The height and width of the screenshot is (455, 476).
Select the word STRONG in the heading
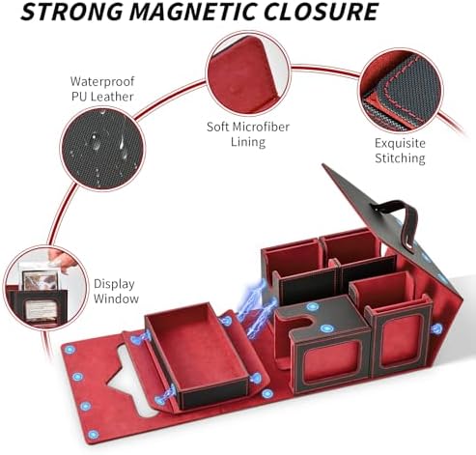[72, 12]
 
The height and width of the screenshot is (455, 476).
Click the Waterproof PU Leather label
[102, 89]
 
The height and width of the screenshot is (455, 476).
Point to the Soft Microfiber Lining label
[248, 134]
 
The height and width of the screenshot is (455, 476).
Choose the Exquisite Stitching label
[400, 151]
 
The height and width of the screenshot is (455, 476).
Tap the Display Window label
[116, 291]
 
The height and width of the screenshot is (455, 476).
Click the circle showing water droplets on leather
[102, 149]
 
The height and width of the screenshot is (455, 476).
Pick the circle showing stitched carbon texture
[401, 90]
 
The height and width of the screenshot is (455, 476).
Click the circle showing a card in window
[46, 288]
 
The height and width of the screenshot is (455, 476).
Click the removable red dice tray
[197, 355]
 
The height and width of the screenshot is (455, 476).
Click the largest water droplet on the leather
[96, 142]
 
